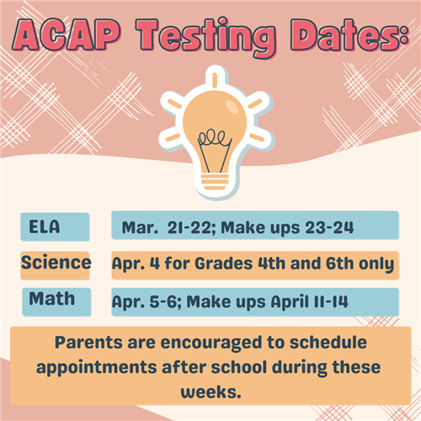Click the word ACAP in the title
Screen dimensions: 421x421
[67, 35]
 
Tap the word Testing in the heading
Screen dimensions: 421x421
[206, 38]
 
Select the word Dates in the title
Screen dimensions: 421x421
[347, 35]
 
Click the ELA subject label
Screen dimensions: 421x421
[45, 226]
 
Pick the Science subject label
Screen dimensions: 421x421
[56, 263]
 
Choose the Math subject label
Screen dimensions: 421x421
[52, 298]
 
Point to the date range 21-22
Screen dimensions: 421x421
[189, 227]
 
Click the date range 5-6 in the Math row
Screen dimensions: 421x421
[163, 301]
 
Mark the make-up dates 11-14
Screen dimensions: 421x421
[331, 301]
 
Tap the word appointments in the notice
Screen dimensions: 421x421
[96, 368]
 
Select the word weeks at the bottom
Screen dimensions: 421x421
[210, 392]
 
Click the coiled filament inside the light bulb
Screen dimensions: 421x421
[211, 137]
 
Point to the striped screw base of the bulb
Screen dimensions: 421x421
[215, 182]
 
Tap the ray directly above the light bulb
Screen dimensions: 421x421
[215, 79]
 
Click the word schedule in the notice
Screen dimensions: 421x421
[328, 343]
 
